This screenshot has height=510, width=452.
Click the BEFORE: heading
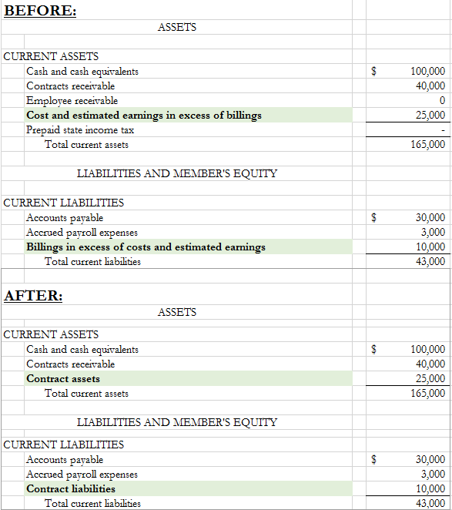(40, 12)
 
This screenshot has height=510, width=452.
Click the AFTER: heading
(34, 296)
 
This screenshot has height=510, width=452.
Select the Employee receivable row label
(72, 100)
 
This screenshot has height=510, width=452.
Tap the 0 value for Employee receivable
(441, 100)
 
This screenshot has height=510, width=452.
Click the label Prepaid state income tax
(80, 129)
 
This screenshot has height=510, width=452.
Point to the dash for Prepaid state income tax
(442, 130)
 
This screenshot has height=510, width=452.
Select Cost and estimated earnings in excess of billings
(144, 115)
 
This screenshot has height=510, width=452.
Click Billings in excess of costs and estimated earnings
(146, 247)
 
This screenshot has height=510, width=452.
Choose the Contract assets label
(63, 378)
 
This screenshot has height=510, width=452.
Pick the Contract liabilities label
(71, 488)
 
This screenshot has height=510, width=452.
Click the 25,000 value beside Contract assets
(430, 378)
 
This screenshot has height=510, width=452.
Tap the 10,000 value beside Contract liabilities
(430, 488)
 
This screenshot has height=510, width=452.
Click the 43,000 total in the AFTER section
(430, 503)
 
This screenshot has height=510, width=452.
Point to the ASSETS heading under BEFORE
(176, 27)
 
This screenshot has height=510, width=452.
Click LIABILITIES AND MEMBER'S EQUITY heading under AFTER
(177, 422)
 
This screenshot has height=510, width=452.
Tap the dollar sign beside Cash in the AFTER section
(374, 349)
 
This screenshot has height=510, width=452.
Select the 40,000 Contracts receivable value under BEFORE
(430, 86)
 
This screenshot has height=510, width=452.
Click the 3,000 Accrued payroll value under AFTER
(433, 474)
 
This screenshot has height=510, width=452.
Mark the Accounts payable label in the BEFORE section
(65, 217)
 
